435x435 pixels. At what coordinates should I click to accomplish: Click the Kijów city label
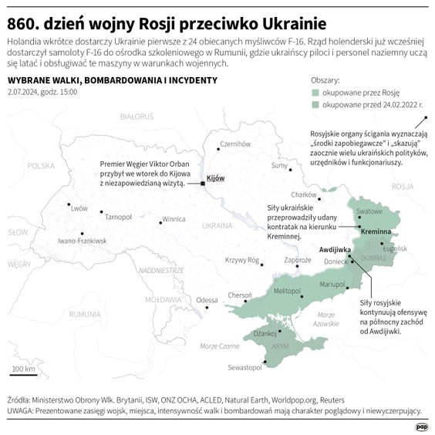(216, 178)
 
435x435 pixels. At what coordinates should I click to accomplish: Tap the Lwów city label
(79, 208)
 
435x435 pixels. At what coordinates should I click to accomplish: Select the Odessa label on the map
(207, 300)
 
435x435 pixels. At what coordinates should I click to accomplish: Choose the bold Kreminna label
(377, 232)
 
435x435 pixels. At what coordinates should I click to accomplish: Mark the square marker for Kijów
(202, 184)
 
